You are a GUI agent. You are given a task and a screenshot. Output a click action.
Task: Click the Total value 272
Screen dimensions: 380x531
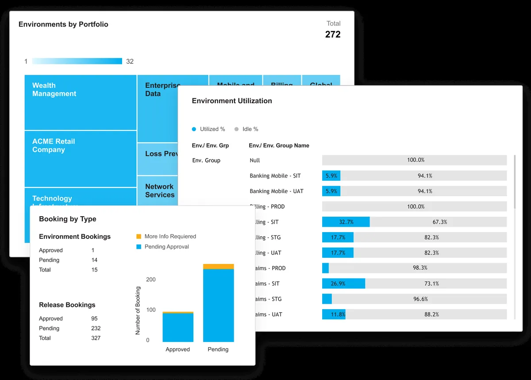click(x=333, y=35)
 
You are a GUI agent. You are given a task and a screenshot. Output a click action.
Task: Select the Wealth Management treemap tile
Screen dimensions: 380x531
click(x=80, y=102)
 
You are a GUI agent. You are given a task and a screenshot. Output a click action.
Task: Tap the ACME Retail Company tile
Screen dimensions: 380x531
click(x=80, y=159)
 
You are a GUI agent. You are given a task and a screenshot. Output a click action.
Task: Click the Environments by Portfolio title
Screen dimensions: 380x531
click(x=63, y=24)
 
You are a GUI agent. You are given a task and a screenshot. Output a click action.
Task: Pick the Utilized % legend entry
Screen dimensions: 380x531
click(x=208, y=129)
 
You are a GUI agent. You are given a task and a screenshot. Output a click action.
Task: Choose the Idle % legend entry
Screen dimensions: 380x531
click(x=246, y=129)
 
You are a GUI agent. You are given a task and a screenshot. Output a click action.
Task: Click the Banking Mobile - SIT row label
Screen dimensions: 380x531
click(x=275, y=176)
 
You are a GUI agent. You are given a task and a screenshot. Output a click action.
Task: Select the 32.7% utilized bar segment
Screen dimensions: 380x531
click(x=346, y=222)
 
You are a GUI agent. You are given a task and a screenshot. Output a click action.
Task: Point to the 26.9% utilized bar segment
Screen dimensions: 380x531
click(x=343, y=283)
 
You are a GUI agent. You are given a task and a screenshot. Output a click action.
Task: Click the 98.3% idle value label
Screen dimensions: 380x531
click(x=420, y=268)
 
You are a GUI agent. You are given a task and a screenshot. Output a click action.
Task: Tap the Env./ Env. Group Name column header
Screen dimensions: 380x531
click(x=279, y=145)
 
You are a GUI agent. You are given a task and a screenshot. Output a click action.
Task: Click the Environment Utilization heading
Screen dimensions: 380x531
click(x=232, y=101)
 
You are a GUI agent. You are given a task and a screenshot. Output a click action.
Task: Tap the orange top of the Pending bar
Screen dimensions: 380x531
click(x=218, y=267)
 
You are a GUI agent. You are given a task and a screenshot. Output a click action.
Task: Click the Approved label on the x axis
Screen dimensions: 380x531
click(x=177, y=349)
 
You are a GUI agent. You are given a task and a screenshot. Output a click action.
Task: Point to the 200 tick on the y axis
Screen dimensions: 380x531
click(x=151, y=279)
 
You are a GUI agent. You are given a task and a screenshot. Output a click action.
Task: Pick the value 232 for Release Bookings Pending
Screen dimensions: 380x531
click(x=96, y=328)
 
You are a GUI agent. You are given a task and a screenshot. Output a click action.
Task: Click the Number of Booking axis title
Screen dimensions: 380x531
click(x=138, y=310)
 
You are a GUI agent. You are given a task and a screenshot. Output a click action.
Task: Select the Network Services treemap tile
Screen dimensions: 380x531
click(x=160, y=191)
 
